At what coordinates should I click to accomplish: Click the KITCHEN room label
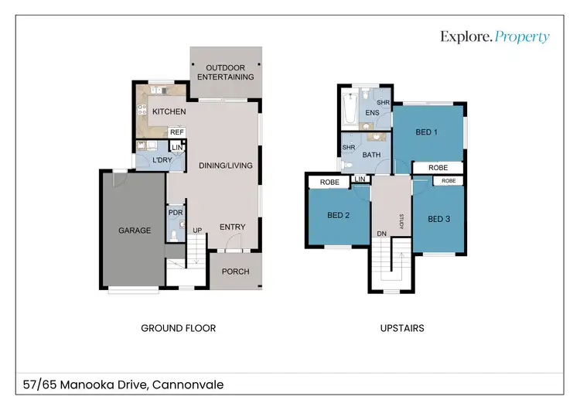pos(169,111)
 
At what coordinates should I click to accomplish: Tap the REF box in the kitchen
pos(177,132)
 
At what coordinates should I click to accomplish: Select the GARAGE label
pos(135,231)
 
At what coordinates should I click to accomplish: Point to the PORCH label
pos(236,272)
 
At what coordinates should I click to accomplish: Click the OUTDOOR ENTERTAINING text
pos(226,72)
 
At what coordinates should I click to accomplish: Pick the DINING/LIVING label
pos(226,166)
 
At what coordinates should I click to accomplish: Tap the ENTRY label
pos(233,227)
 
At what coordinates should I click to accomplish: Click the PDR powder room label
pos(176,213)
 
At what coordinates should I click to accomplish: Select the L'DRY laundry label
pos(162,160)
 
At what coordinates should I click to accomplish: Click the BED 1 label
pos(426,132)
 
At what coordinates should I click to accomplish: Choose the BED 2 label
pos(339,215)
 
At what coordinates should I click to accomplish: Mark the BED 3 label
pos(439,219)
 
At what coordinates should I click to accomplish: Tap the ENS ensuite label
pos(372,112)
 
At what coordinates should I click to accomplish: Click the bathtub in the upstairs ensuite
pos(350,109)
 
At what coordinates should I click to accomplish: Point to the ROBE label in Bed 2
pos(329,182)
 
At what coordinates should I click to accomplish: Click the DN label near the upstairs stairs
pos(382,234)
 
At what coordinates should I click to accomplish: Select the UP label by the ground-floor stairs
pos(197,231)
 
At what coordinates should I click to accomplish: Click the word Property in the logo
pos(522,37)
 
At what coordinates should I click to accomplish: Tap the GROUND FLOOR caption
pos(179,328)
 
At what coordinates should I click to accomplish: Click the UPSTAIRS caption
pos(402,328)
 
